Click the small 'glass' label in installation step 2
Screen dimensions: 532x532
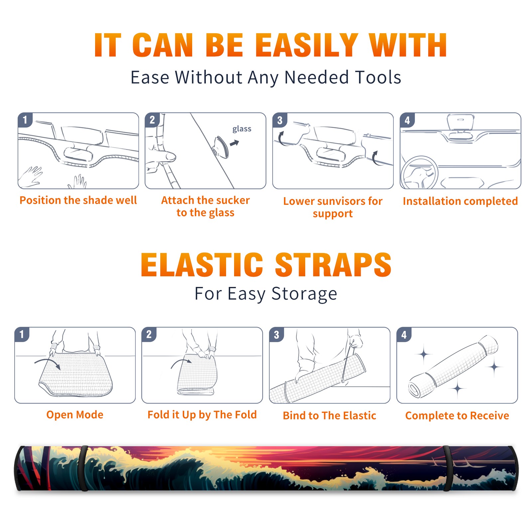[242, 129]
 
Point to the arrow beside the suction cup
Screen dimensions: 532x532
[234, 143]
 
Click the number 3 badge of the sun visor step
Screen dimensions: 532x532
[280, 120]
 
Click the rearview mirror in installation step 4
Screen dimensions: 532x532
[461, 122]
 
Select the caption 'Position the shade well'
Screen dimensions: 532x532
[78, 200]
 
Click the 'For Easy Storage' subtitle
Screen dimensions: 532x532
[266, 294]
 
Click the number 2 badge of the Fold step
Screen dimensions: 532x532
[149, 334]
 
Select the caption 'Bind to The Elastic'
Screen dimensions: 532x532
[330, 415]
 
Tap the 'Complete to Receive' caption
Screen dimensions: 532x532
[457, 416]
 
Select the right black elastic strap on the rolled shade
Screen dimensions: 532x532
[447, 468]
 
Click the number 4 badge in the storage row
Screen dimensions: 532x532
[404, 334]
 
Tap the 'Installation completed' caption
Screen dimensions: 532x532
[460, 201]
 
